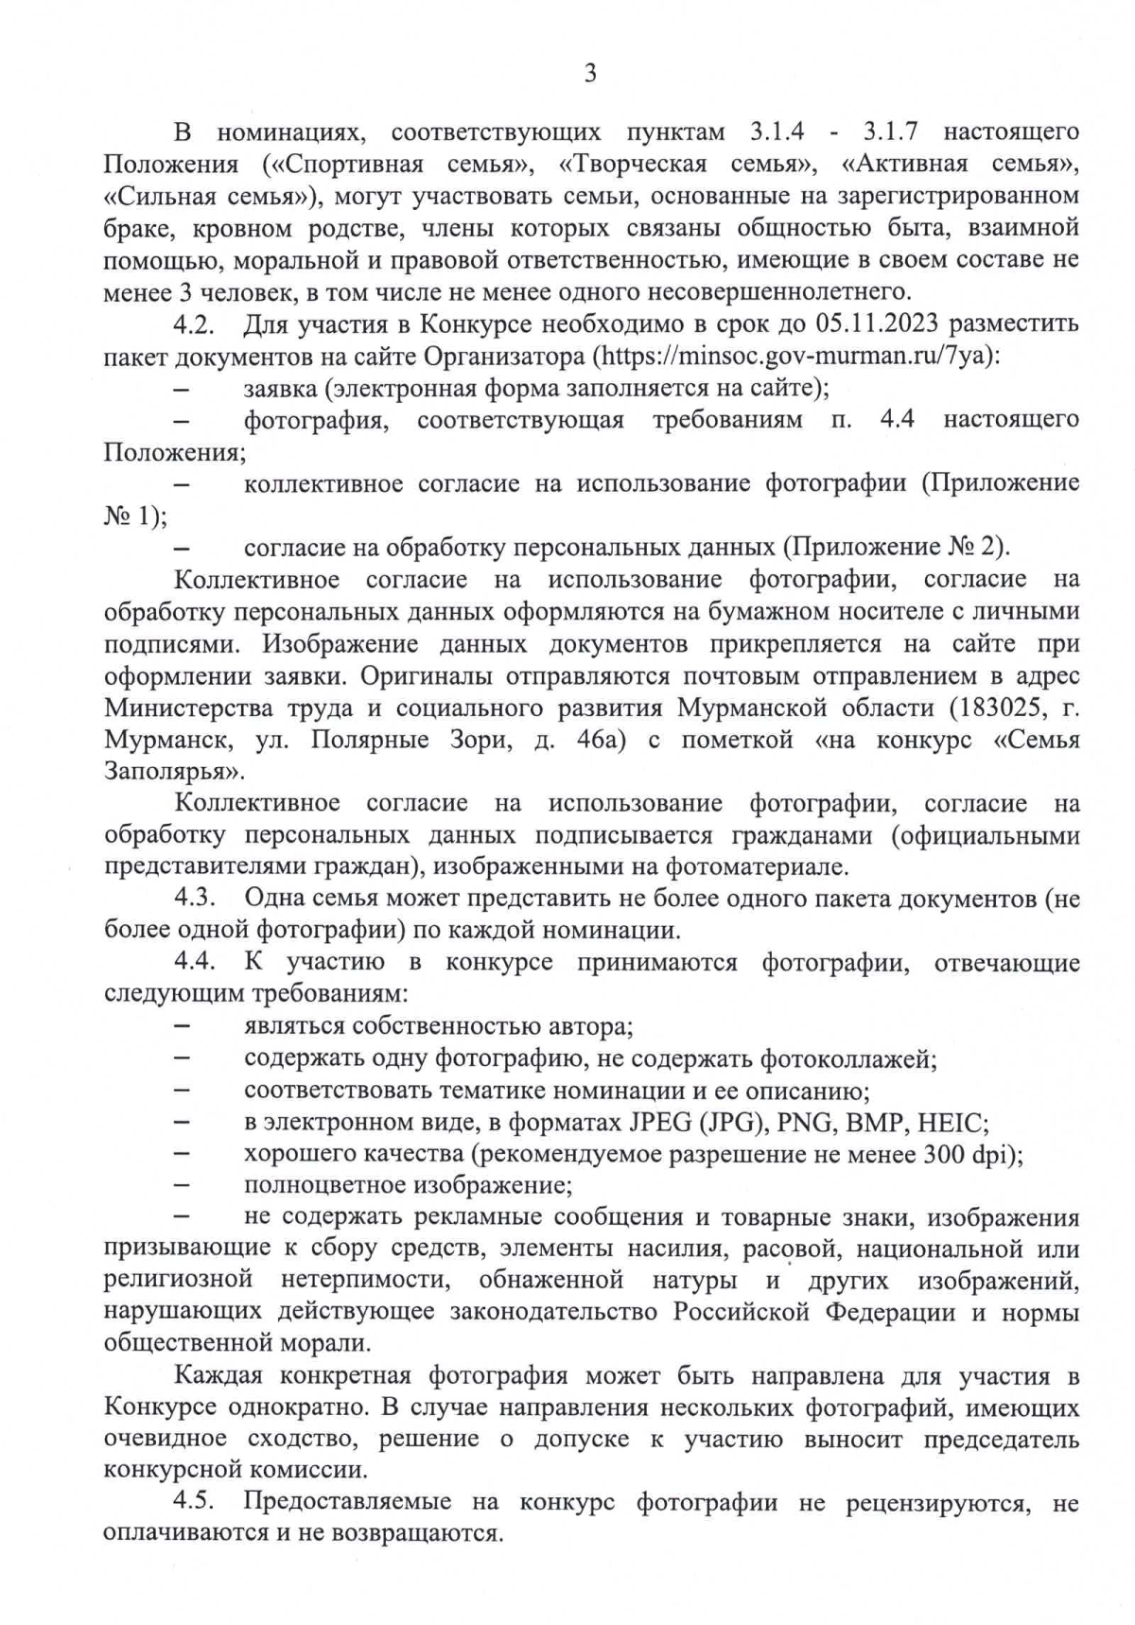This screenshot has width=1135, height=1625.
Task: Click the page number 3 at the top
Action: point(590,74)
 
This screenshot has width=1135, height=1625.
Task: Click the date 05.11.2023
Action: point(876,324)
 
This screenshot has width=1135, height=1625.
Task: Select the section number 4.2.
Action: point(195,324)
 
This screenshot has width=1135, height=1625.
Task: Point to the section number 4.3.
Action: point(195,898)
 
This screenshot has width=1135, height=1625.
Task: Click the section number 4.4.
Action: point(195,962)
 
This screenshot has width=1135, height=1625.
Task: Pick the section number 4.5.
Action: point(195,1501)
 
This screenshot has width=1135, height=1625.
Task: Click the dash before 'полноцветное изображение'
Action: point(183,1186)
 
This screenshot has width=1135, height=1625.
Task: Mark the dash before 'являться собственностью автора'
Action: point(183,1027)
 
